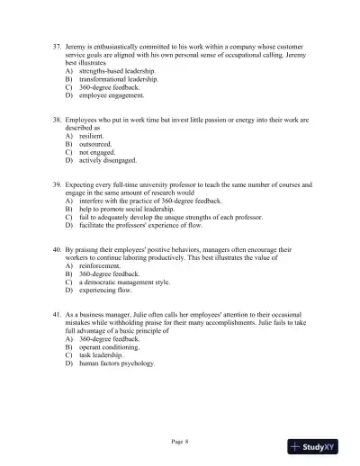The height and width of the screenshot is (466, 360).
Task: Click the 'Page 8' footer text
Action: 180,442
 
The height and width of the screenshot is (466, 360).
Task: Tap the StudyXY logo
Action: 319,446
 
